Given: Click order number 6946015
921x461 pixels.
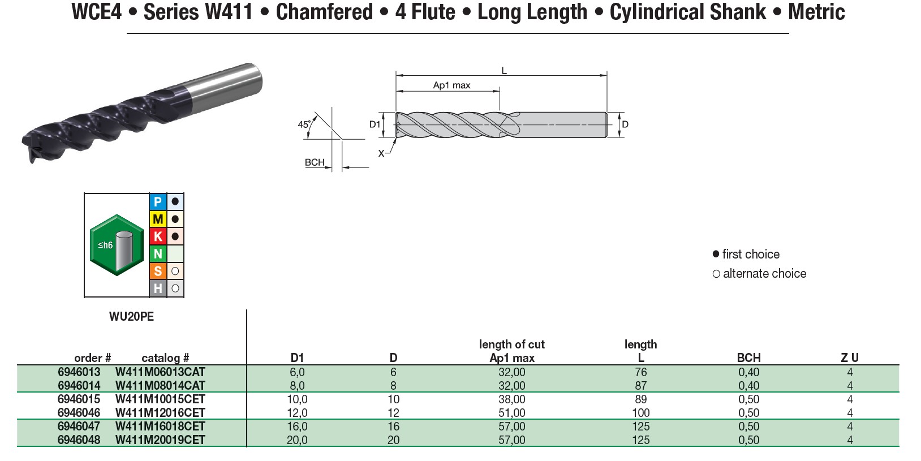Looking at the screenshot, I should click(x=79, y=399).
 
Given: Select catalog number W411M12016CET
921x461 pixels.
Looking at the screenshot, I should click(x=160, y=413).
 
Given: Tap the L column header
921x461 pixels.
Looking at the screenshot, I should click(x=640, y=358).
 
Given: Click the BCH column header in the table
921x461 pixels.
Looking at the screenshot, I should click(x=748, y=358).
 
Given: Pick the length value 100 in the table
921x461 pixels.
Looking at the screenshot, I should click(x=640, y=413).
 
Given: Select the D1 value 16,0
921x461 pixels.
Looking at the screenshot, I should click(x=297, y=426).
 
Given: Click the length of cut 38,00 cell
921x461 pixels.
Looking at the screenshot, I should click(x=511, y=399).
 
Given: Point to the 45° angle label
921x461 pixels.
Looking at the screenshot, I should click(x=304, y=124).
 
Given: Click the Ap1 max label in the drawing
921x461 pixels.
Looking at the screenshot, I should click(x=451, y=85).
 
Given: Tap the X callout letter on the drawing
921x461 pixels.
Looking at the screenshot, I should click(x=381, y=153).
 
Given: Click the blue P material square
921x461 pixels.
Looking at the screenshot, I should click(x=158, y=202).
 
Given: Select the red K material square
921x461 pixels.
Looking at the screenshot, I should click(x=158, y=236).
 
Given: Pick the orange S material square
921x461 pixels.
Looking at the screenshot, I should click(x=158, y=272).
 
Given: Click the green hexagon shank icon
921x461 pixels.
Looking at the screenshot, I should click(x=117, y=245).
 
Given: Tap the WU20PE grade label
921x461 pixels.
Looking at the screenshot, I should click(x=131, y=317).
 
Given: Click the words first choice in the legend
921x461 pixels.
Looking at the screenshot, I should click(x=751, y=255).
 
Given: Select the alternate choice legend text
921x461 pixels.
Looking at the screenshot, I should click(x=764, y=274).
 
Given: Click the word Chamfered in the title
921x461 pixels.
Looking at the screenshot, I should click(x=324, y=12).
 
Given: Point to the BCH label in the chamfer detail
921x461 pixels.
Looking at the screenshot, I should click(x=315, y=162).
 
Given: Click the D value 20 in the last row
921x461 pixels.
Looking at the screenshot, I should click(x=393, y=440).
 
